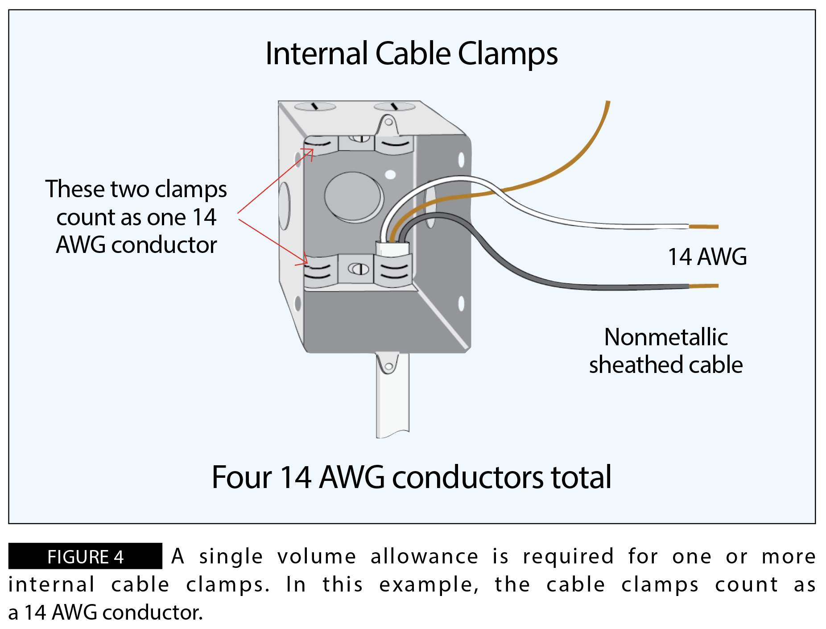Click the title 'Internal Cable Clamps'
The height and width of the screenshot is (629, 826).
411,54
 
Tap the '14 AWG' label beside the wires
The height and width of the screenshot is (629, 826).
707,257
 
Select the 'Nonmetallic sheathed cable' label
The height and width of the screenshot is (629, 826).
666,351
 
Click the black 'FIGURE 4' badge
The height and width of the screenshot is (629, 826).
85,556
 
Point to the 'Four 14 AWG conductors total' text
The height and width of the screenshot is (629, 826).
411,477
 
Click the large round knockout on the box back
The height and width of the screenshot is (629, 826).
354,197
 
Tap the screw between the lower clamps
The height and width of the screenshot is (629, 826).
358,269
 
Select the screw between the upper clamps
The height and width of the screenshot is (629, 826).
359,139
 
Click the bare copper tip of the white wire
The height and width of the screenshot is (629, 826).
704,227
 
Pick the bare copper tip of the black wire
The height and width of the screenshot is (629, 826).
704,286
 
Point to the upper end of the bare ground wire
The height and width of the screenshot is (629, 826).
607,105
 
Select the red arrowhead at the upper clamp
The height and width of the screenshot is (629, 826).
310,152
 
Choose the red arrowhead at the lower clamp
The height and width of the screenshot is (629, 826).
305,261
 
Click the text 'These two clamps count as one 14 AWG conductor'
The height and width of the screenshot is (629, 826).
136,217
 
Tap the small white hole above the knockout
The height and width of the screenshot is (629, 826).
390,174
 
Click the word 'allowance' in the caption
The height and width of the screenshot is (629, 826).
424,556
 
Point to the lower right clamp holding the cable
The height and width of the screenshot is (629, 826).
393,270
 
